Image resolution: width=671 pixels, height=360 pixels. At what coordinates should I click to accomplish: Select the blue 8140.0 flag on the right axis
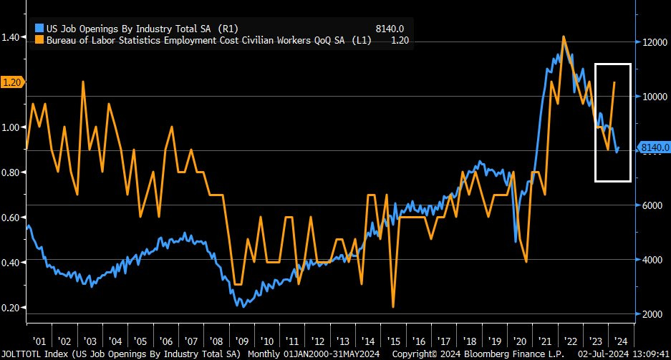pos(655,148)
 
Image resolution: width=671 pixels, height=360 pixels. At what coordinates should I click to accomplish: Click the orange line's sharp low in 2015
pos(393,308)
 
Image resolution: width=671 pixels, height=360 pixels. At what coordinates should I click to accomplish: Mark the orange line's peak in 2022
pos(564,37)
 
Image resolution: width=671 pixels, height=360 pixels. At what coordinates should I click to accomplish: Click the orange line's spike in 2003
pos(83,82)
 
